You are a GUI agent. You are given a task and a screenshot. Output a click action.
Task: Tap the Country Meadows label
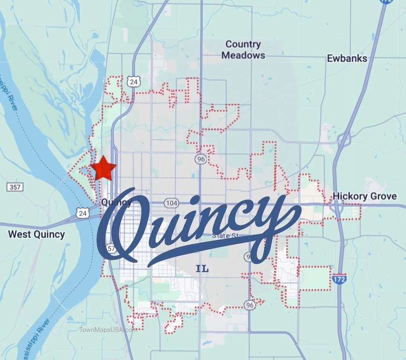[x=243, y=50]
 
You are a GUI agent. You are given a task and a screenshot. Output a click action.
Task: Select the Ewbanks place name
[x=347, y=58]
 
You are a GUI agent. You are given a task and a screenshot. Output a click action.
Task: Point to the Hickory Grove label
[x=364, y=196]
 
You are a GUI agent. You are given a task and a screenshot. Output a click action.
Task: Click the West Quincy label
[x=36, y=234]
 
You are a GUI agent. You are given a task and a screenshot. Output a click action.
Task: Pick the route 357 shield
[x=15, y=187]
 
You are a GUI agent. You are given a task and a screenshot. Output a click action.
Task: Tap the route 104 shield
[x=172, y=203]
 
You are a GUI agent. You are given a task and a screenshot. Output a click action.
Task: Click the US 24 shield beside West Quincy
[x=82, y=213]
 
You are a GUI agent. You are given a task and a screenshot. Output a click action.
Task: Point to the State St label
[x=225, y=236]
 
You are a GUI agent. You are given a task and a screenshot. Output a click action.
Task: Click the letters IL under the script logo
[x=202, y=269]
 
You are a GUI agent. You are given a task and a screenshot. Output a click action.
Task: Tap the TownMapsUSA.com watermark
[x=108, y=329]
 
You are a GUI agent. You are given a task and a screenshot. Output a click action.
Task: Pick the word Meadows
[x=243, y=55]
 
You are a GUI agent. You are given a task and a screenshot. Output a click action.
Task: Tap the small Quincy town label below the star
[x=116, y=202]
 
